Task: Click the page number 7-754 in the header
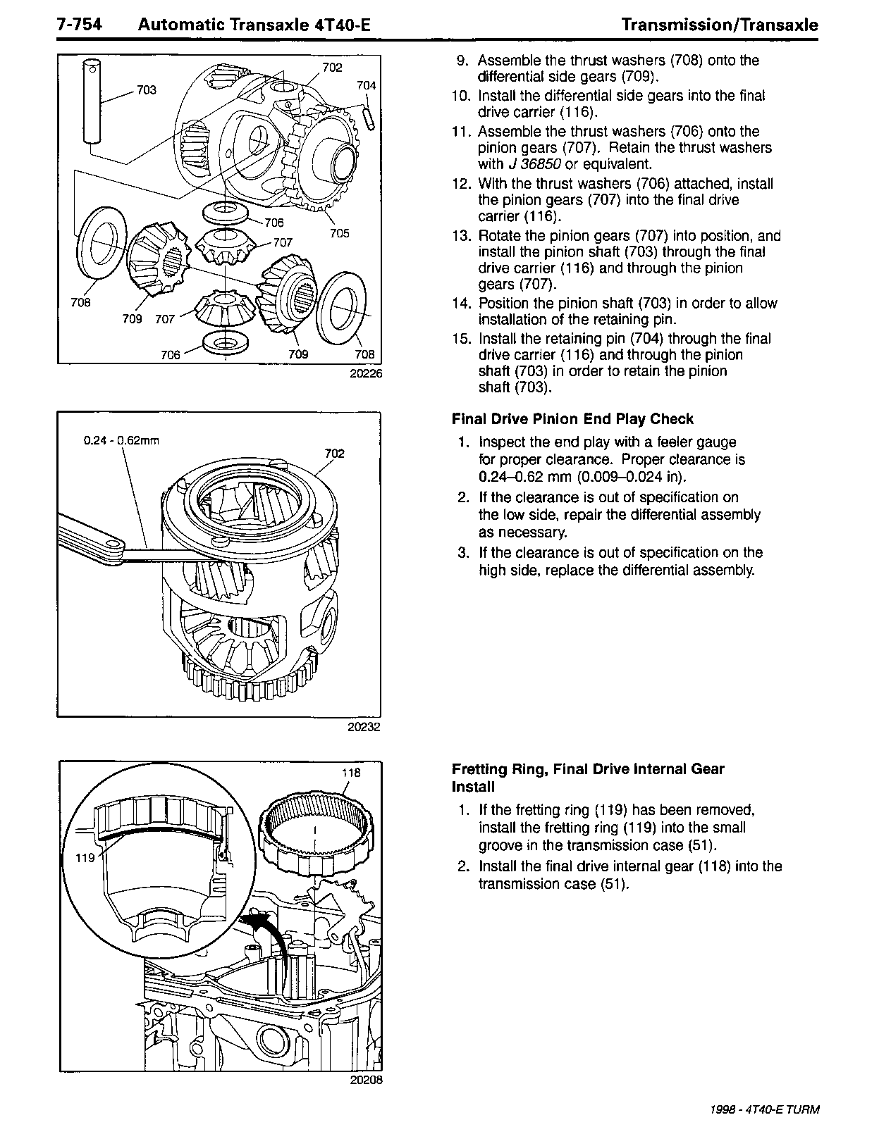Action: [80, 25]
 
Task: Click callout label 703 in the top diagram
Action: [147, 90]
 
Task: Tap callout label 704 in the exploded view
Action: [366, 85]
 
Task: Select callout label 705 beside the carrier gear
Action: [339, 233]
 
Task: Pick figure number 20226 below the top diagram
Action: [365, 374]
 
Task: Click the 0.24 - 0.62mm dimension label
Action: [121, 441]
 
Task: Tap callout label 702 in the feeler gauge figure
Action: [334, 453]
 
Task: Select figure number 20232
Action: [364, 727]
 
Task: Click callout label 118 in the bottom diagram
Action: [351, 772]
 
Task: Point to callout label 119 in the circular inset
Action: [85, 858]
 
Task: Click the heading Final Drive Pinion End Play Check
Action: [572, 419]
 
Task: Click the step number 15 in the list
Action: [461, 339]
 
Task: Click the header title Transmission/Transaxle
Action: [720, 25]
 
